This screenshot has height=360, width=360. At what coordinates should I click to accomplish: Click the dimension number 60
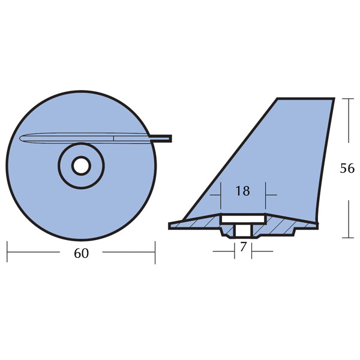82,253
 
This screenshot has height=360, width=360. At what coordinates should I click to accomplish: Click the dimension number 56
347,169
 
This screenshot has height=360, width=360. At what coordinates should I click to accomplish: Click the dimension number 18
242,191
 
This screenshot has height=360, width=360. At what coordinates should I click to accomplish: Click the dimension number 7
243,247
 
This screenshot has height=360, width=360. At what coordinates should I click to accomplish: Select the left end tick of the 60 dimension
8,253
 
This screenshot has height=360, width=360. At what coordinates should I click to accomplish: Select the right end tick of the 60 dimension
155,253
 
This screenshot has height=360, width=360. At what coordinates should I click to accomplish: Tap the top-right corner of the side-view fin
333,99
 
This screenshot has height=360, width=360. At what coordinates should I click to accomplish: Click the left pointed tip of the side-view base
170,225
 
